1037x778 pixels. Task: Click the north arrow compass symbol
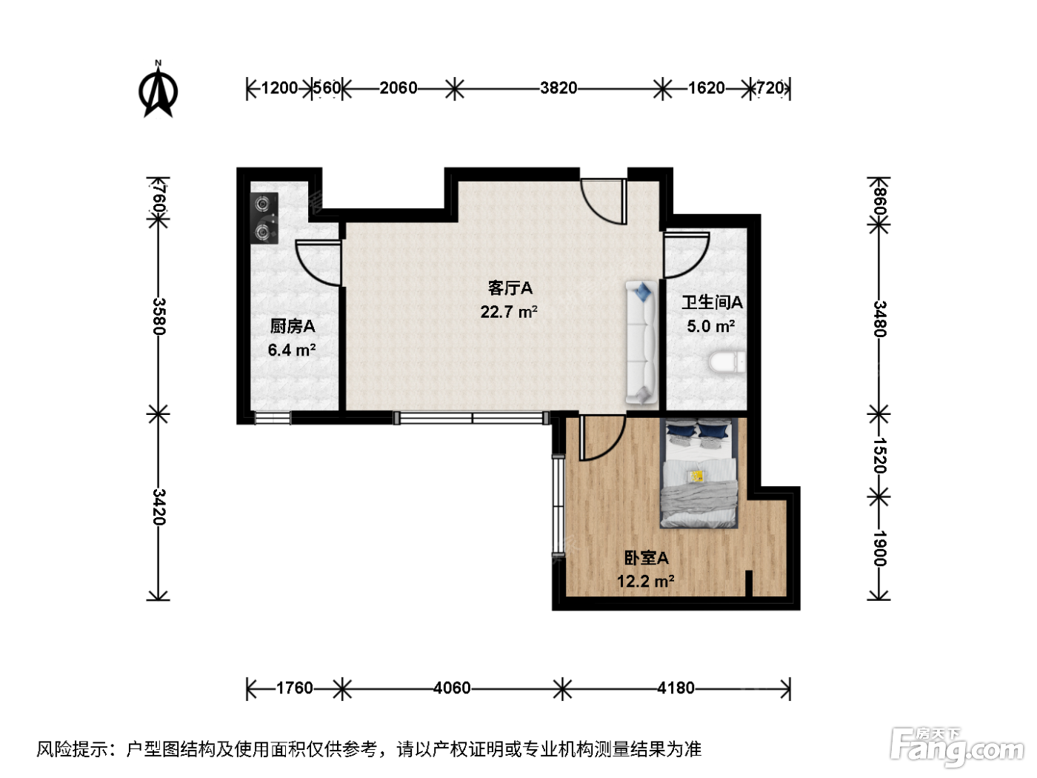[x=158, y=90]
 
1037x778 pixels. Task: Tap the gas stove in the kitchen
[x=264, y=219]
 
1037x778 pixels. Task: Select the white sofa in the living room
[x=641, y=343]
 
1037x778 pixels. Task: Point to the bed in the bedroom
[x=698, y=473]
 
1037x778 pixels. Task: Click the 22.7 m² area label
[x=509, y=312]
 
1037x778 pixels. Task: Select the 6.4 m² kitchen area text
[x=292, y=350]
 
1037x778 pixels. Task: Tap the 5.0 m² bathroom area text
[x=710, y=326]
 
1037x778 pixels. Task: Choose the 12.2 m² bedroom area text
[x=645, y=581]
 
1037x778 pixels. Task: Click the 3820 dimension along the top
[x=558, y=88]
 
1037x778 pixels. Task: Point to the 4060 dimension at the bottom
[x=452, y=688]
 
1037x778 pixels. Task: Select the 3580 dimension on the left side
[x=159, y=316]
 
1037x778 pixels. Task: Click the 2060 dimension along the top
[x=399, y=88]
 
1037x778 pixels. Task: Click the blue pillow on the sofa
[x=643, y=292]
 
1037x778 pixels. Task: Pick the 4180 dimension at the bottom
[x=676, y=688]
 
